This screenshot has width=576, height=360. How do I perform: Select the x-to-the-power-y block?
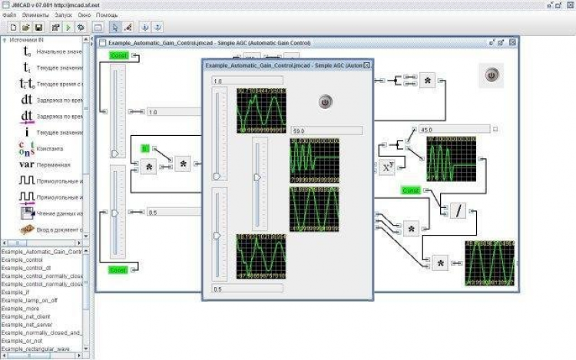(x=389, y=166)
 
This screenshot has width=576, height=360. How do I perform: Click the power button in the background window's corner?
(x=492, y=74)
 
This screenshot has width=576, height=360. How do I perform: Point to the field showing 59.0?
(x=326, y=130)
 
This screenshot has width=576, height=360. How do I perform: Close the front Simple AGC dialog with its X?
(x=366, y=66)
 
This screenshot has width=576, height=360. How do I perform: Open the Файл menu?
(x=9, y=15)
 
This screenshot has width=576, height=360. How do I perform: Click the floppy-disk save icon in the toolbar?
(x=38, y=28)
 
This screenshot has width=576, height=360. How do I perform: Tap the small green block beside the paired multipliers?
(x=144, y=147)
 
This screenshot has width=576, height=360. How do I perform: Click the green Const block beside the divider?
(x=411, y=190)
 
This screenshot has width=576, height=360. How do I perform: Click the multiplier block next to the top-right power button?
(x=428, y=81)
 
